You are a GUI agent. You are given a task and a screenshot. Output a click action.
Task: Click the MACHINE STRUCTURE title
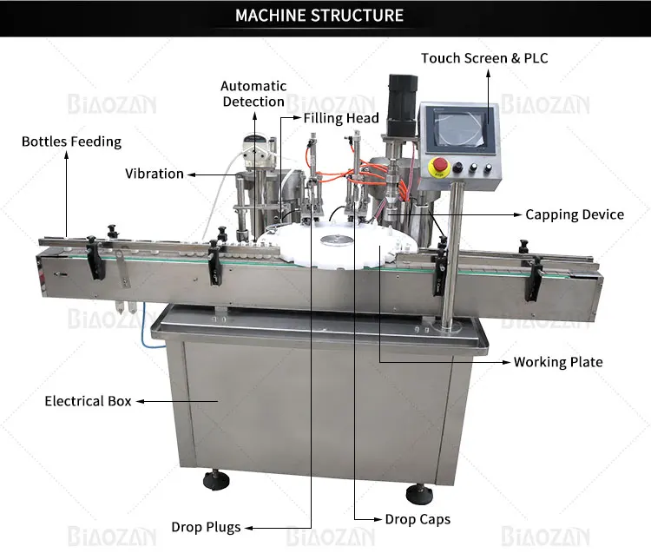[319, 16]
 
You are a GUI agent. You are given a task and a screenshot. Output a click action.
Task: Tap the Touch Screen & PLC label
[484, 58]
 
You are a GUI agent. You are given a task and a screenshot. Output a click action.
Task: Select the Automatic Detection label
[253, 94]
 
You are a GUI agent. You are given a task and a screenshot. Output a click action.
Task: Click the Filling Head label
[341, 117]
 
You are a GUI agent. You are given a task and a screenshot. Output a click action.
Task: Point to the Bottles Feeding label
[71, 142]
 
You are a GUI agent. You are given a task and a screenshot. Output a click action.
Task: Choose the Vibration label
[155, 174]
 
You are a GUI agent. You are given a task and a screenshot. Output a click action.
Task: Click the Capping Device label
[575, 214]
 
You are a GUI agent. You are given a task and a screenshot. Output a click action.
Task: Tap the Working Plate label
[558, 361]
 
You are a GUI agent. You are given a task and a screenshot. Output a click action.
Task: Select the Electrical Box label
[88, 401]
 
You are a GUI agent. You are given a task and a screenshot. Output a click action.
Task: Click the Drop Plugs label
[206, 527]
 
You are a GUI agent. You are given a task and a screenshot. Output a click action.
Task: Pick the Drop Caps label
[418, 520]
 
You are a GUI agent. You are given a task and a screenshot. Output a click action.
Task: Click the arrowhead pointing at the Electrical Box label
[140, 402]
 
